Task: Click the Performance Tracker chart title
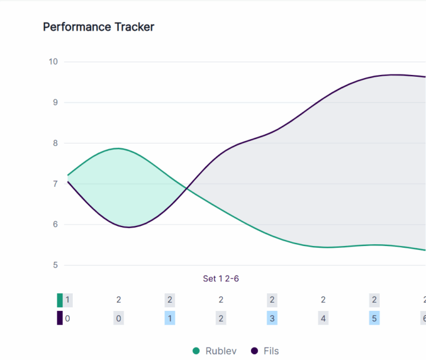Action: (98, 27)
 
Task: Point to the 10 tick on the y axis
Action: (53, 61)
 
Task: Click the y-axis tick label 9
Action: (55, 102)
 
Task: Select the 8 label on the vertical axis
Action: (55, 143)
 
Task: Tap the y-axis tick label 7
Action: (55, 184)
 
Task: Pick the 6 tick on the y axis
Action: (55, 225)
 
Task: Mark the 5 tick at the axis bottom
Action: (55, 265)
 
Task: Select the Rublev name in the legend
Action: (221, 351)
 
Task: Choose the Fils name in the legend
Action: (271, 351)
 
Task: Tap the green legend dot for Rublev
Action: (196, 351)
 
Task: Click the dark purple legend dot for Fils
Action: (254, 351)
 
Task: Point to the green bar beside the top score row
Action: (60, 300)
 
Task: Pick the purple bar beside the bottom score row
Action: (60, 318)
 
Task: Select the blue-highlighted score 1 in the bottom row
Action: (170, 318)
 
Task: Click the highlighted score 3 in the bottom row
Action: (272, 318)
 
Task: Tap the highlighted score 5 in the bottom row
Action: (374, 318)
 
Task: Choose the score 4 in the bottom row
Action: (323, 318)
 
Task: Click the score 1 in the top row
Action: (68, 300)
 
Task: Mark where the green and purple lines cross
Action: (187, 189)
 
